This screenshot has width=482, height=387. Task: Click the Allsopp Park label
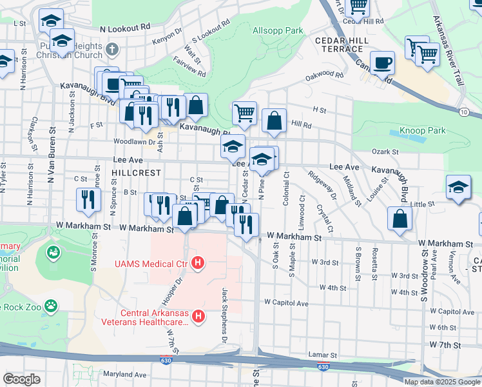[x=278, y=30]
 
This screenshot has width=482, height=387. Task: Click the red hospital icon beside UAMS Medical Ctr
[x=198, y=263]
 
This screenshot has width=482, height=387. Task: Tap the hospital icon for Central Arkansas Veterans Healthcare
[x=198, y=316]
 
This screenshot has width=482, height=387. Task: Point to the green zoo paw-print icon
[x=51, y=305]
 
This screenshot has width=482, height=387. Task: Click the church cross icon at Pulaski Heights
[x=112, y=49]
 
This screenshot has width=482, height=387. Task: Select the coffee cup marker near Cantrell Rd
[x=382, y=63]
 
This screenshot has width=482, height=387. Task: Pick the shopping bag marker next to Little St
[x=400, y=217]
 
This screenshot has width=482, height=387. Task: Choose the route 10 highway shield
[x=464, y=112]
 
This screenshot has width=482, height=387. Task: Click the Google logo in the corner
[x=21, y=379]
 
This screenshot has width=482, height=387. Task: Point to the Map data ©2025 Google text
[x=441, y=382]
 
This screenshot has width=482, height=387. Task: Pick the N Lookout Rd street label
[x=125, y=28]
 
